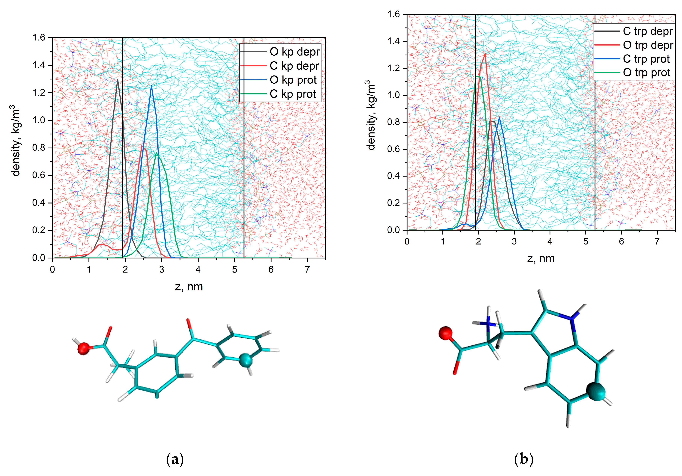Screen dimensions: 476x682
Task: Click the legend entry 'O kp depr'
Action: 294,52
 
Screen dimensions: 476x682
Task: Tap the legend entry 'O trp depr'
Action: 648,45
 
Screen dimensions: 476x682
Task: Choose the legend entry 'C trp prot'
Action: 646,59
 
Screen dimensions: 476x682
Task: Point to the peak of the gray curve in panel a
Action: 118,80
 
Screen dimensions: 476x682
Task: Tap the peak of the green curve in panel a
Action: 156,153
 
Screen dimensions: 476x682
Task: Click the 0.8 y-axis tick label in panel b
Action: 394,122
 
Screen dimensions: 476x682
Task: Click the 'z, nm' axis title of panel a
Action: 189,287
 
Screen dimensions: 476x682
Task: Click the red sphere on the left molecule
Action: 83,348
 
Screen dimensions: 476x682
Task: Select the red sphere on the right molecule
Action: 445,334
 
